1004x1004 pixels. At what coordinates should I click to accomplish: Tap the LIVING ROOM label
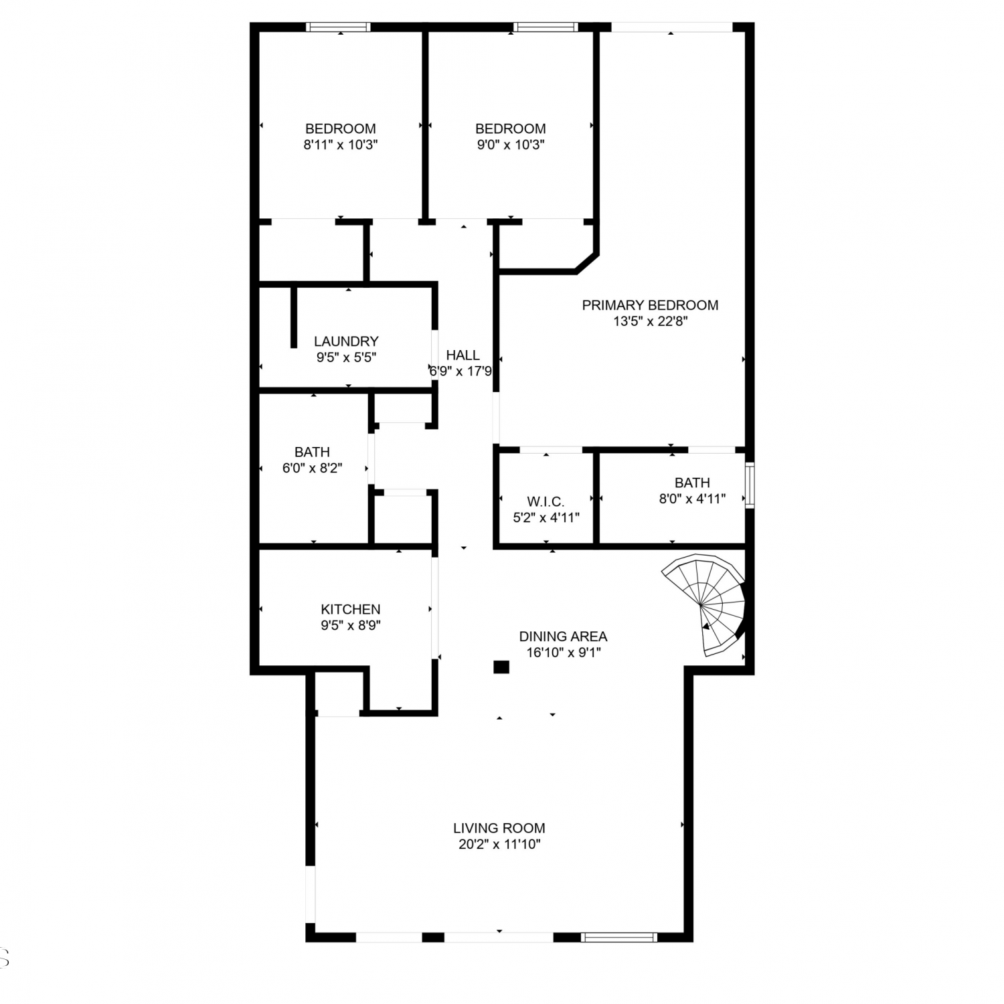[x=499, y=828]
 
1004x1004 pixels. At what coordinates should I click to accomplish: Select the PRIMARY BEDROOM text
[x=650, y=305]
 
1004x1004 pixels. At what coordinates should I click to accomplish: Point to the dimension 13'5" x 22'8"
[x=651, y=321]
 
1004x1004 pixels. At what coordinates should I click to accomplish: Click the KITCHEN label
[x=351, y=609]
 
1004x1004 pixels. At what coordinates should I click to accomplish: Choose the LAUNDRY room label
[x=346, y=341]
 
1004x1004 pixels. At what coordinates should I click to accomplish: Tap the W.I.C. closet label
[x=546, y=501]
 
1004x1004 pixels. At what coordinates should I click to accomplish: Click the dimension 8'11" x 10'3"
[x=341, y=145]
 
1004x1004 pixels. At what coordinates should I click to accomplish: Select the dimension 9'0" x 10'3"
[x=511, y=145]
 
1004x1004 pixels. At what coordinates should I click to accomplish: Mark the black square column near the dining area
[x=501, y=667]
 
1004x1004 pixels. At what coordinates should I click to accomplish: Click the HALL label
[x=463, y=355]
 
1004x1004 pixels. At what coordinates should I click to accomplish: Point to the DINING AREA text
[x=563, y=637]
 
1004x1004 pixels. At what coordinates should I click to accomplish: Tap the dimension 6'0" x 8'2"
[x=313, y=468]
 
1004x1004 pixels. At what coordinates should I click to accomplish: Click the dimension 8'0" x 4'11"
[x=692, y=499]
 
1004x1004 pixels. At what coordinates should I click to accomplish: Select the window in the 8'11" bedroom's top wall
[x=338, y=27]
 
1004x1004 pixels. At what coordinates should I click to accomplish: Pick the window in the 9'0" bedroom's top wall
[x=546, y=27]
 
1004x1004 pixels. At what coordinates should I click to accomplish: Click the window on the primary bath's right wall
[x=750, y=485]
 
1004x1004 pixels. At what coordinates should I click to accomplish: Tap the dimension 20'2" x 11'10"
[x=499, y=844]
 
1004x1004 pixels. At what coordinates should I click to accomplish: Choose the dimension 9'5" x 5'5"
[x=346, y=357]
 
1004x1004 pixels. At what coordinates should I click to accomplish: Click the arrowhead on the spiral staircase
[x=705, y=626]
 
